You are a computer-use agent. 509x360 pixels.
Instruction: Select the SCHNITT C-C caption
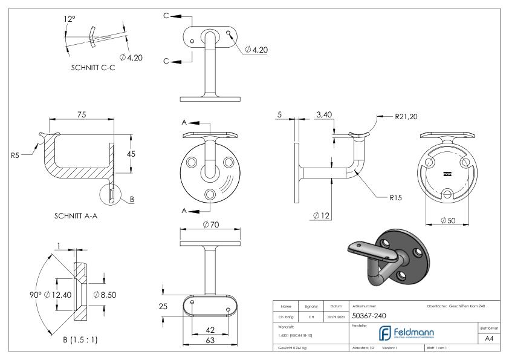tap(94, 68)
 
